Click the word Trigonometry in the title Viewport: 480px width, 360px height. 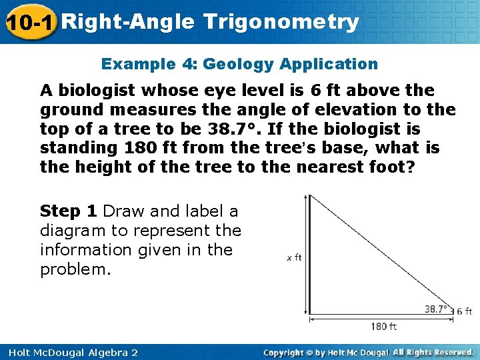(x=281, y=22)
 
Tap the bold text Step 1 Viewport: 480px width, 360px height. (x=69, y=211)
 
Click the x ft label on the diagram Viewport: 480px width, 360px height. (x=294, y=257)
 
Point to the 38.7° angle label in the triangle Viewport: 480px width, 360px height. (x=437, y=309)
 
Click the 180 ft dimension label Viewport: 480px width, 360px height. (x=383, y=326)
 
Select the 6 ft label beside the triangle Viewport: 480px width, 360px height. (x=464, y=311)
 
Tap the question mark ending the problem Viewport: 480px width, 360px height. (x=410, y=167)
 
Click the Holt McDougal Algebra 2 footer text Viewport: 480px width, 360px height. (x=69, y=352)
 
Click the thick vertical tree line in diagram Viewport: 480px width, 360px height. (x=309, y=253)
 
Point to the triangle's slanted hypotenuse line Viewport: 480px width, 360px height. (x=380, y=250)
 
